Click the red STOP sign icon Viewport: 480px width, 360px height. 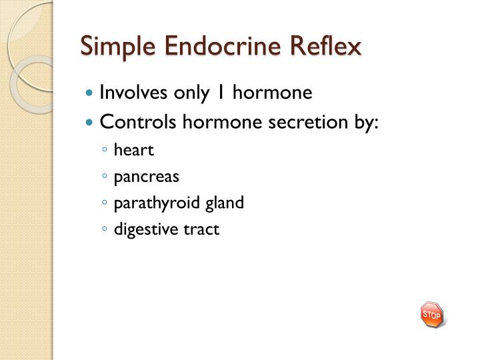pos(432,314)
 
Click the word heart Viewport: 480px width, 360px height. pos(134,151)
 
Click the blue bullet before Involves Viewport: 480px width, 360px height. pos(91,93)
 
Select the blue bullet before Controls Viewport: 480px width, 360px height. pos(91,123)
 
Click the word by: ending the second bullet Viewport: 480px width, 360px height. pos(364,122)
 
